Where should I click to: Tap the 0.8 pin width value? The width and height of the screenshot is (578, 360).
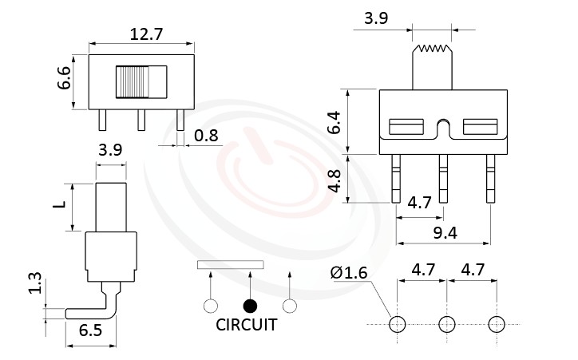(x=206, y=136)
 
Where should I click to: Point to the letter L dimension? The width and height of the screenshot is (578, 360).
(x=58, y=206)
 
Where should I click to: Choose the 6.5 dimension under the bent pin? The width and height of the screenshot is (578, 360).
(x=90, y=330)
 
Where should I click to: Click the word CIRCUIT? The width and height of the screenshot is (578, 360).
(x=247, y=325)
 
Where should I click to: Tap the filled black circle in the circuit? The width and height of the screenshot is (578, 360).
(x=251, y=306)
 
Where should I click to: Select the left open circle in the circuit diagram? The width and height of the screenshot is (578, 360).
(x=211, y=306)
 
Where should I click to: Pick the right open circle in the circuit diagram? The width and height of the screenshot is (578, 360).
(x=290, y=306)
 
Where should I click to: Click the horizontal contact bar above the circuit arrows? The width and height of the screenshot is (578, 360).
(x=230, y=264)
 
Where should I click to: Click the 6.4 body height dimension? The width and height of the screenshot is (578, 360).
(x=335, y=122)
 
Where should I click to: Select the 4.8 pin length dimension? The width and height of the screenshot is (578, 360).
(x=335, y=180)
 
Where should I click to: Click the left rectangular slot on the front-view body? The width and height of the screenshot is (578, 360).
(x=406, y=126)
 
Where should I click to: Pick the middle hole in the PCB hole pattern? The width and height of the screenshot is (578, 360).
(x=446, y=324)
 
